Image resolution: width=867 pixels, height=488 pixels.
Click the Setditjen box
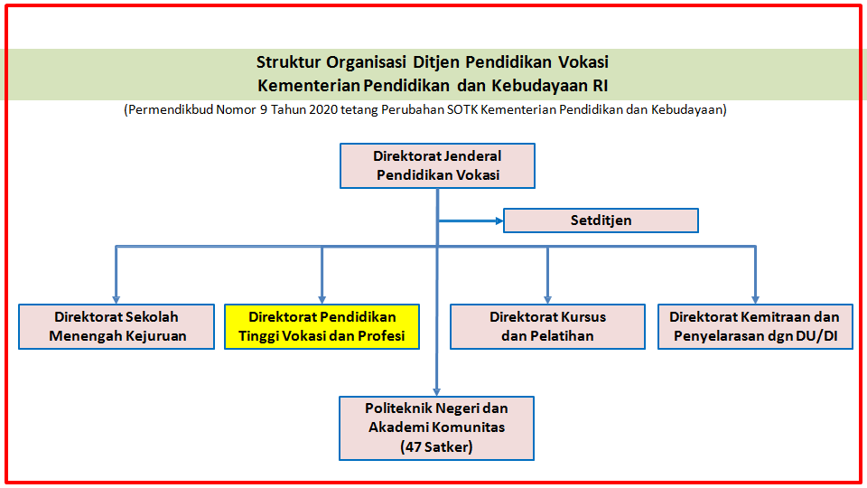[601, 221]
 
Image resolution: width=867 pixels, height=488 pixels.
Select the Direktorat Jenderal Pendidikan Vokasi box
[437, 165]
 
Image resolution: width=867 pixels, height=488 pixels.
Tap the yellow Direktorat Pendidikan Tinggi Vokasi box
[322, 326]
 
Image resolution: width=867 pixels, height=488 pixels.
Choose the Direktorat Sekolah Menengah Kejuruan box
[117, 326]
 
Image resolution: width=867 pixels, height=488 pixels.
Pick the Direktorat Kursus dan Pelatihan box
[547, 326]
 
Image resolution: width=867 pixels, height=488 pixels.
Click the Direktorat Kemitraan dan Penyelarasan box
[755, 326]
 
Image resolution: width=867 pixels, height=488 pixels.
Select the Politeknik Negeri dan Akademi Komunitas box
[437, 428]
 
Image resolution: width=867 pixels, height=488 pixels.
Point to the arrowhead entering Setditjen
[499, 221]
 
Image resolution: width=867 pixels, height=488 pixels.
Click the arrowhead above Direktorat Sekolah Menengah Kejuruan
[117, 300]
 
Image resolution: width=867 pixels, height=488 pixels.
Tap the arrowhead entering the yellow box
[322, 300]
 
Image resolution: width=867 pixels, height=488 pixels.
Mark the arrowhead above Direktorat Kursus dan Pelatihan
[547, 300]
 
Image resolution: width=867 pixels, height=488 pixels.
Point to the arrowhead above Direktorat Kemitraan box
[755, 300]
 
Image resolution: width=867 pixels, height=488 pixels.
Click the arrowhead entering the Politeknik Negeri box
[437, 392]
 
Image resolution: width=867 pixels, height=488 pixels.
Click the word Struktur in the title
[288, 62]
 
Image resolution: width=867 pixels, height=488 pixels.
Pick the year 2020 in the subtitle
[323, 109]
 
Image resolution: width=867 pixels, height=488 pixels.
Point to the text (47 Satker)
[437, 446]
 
